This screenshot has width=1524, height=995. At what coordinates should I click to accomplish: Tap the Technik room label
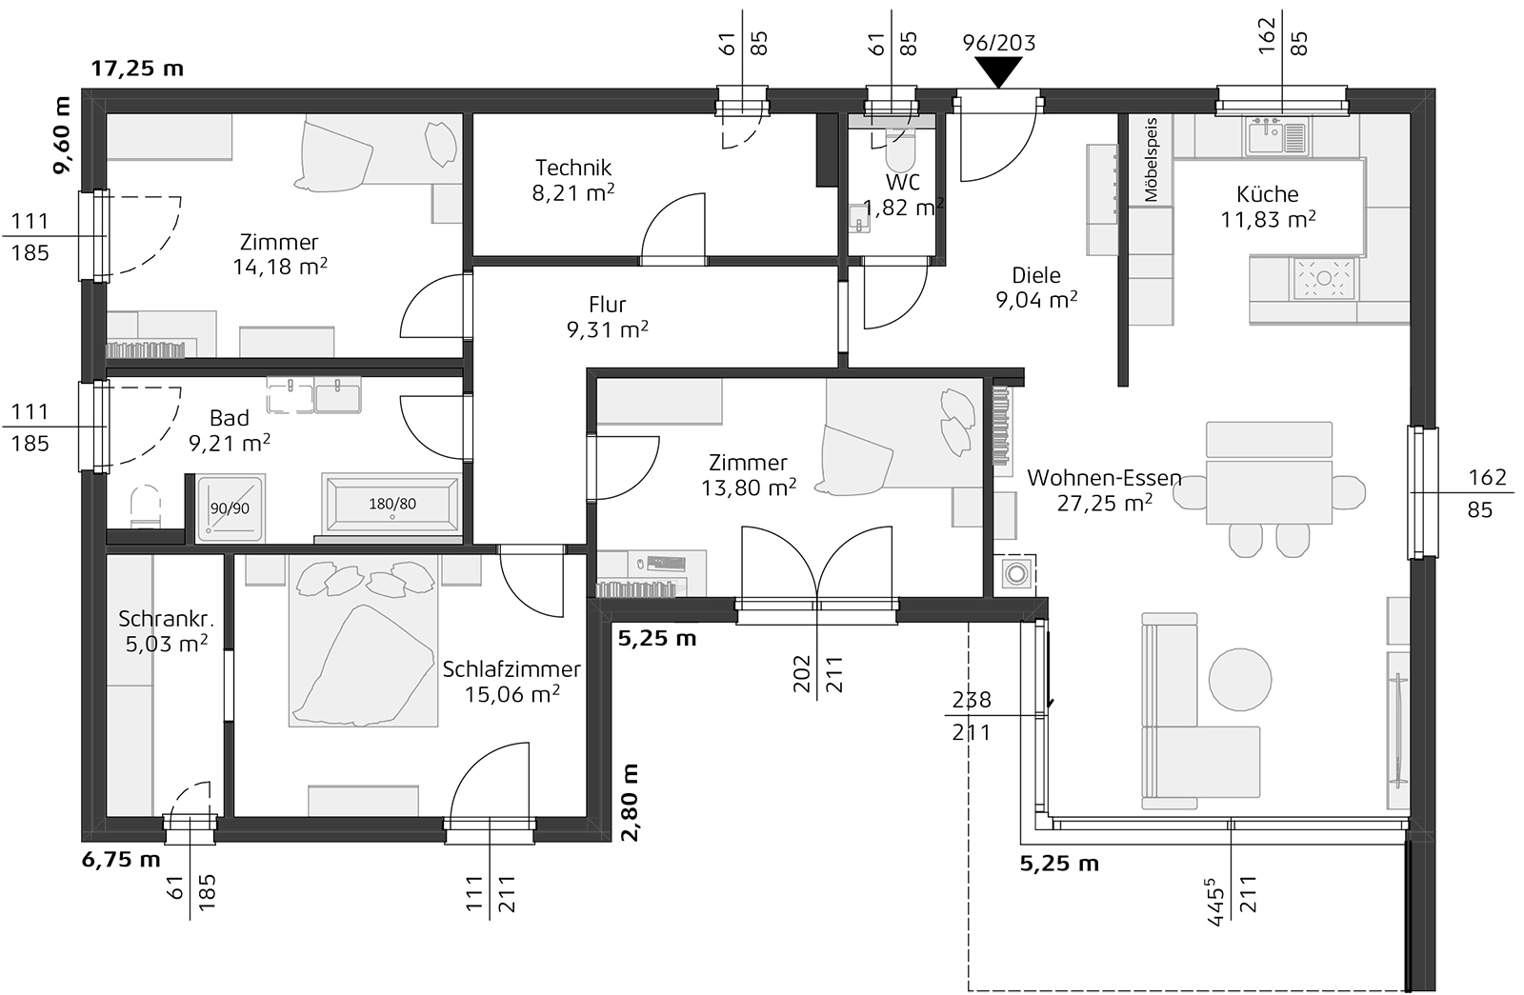pos(572,169)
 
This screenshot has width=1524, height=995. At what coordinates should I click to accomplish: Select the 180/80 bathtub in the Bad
pos(392,505)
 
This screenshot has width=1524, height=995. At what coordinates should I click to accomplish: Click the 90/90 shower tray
pos(230,509)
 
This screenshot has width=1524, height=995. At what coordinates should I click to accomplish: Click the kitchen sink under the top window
pos(1276,136)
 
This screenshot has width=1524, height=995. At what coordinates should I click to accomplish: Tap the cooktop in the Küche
pos(1323,278)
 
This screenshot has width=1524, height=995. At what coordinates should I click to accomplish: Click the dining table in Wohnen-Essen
pos(1268,491)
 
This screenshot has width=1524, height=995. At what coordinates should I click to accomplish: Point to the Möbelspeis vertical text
pos(1151,159)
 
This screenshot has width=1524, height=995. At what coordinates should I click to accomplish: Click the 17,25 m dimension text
pos(137,69)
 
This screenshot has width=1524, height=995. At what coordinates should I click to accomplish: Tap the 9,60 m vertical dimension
pos(63,136)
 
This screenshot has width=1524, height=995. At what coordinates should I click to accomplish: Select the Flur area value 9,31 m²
pos(607,329)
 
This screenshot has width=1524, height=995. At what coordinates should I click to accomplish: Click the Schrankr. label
pos(157,619)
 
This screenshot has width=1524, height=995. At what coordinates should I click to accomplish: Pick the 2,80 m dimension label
pos(630,802)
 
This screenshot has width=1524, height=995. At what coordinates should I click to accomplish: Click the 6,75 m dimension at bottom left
pos(122,861)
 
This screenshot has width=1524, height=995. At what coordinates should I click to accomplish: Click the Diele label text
pos(1035,275)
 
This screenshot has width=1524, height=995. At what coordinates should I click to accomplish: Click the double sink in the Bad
pos(313,396)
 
